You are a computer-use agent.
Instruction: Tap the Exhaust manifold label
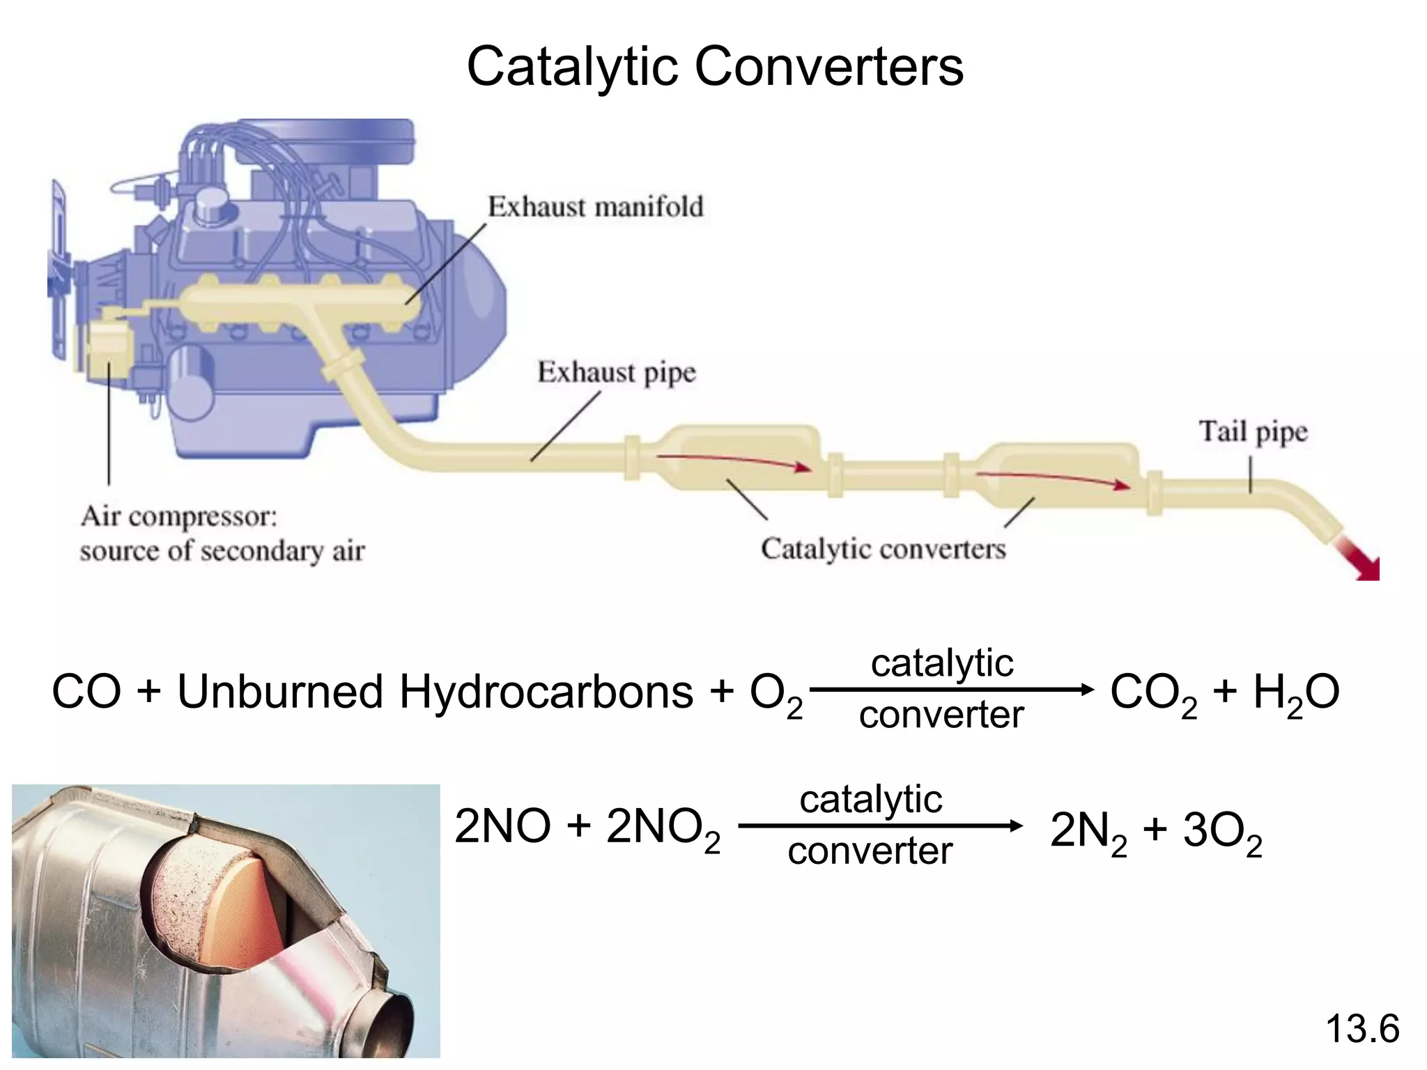pyautogui.click(x=595, y=207)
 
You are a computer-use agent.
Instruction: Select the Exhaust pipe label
pyautogui.click(x=616, y=373)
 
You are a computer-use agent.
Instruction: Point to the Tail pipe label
pyautogui.click(x=1253, y=432)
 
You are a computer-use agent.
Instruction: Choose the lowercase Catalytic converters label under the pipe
pyautogui.click(x=883, y=549)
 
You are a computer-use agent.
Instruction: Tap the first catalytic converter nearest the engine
pyautogui.click(x=739, y=460)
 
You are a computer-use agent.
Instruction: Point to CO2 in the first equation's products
pyautogui.click(x=1153, y=694)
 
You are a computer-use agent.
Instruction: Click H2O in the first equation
pyautogui.click(x=1296, y=694)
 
